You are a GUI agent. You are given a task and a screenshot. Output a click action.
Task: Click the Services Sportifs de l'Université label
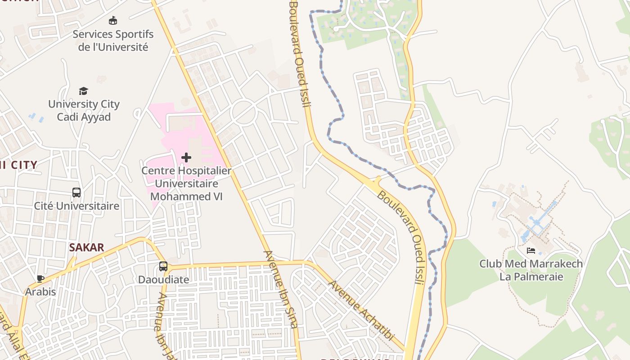click(x=113, y=40)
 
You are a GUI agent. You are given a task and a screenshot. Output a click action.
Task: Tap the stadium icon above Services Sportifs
click(x=113, y=21)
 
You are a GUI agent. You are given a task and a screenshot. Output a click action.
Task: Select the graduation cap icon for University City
click(x=84, y=91)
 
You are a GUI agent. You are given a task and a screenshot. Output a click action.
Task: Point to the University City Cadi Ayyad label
click(x=84, y=110)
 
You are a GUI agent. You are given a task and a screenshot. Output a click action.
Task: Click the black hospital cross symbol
click(x=186, y=157)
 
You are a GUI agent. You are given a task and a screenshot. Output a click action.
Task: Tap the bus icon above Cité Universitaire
click(x=76, y=193)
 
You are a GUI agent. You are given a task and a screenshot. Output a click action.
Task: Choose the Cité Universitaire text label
click(x=77, y=206)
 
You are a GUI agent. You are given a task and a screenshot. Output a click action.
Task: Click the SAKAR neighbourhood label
click(x=86, y=247)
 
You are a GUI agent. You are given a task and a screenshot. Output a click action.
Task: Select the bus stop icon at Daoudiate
click(x=163, y=266)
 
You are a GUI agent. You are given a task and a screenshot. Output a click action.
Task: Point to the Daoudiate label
click(x=163, y=279)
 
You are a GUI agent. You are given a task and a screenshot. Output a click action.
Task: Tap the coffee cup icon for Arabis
click(x=40, y=279)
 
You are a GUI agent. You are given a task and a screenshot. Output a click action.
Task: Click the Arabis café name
click(x=40, y=292)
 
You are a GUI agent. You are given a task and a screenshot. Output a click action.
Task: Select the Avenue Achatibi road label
click(x=361, y=310)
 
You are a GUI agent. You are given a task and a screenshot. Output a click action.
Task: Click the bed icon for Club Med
click(x=531, y=251)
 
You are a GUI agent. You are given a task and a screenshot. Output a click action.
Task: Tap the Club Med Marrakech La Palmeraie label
click(x=531, y=270)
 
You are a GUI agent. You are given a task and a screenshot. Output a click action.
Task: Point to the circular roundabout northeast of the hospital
click(x=243, y=112)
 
